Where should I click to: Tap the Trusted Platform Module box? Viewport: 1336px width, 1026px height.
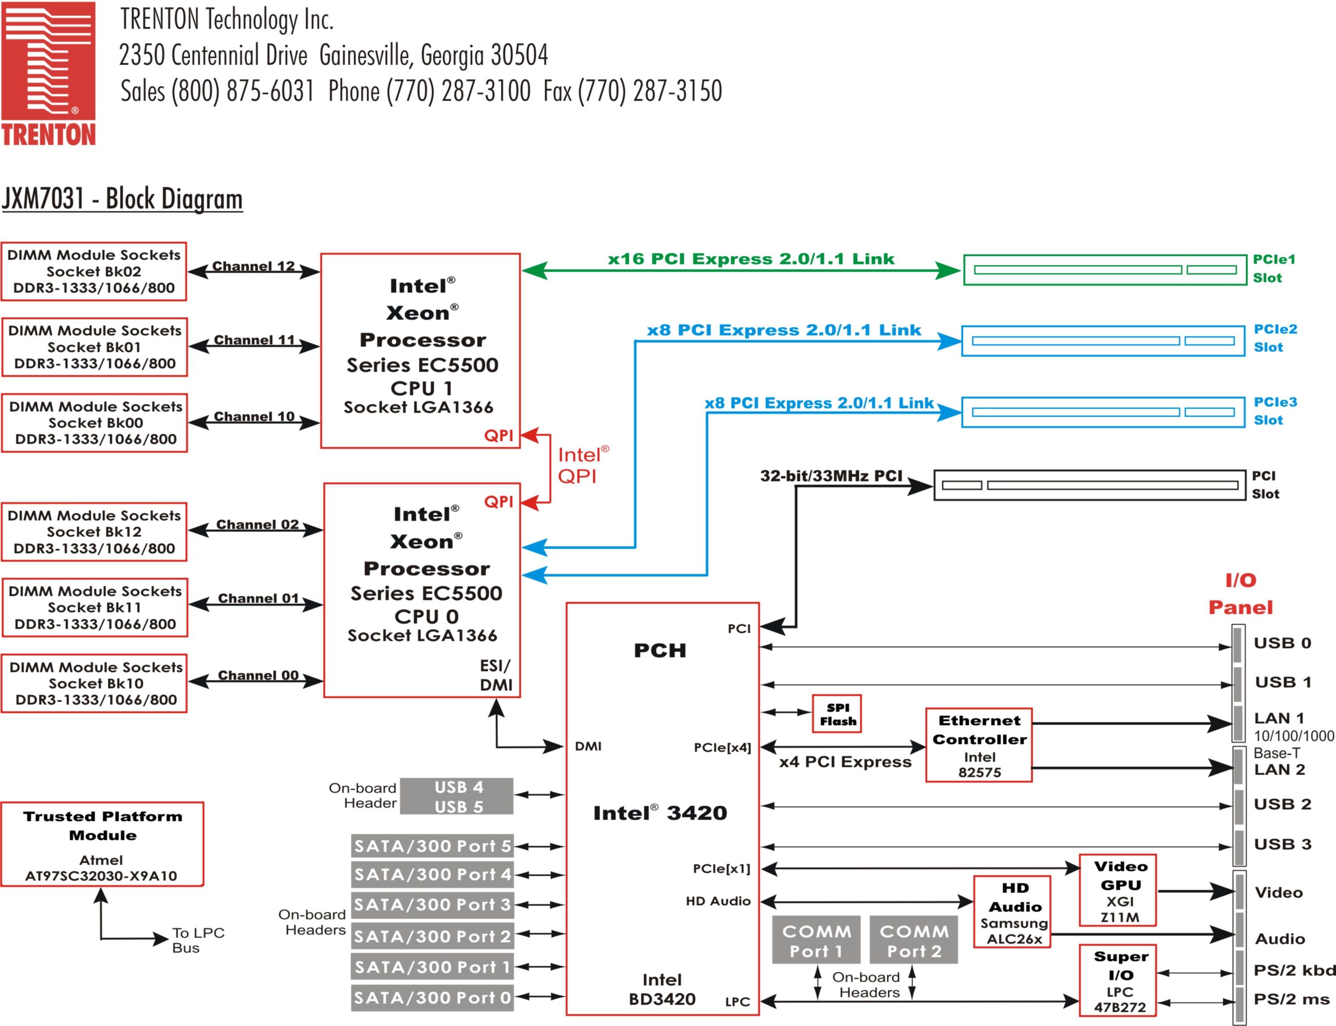102,845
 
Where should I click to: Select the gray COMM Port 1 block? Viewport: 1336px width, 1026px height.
816,940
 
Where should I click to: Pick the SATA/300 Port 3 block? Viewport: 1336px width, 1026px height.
432,904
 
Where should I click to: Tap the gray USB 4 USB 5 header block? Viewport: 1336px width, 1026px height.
457,796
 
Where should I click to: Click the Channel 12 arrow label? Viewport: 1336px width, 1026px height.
254,266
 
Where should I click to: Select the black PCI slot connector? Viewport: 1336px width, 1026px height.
1089,485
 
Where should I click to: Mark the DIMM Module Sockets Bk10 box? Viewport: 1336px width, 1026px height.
95,683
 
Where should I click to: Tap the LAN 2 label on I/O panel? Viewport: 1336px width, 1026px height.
1279,769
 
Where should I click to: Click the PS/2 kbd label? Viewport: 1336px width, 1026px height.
1293,971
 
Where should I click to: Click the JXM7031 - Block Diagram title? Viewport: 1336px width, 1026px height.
122,199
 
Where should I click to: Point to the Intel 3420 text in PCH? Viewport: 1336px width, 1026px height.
660,813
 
